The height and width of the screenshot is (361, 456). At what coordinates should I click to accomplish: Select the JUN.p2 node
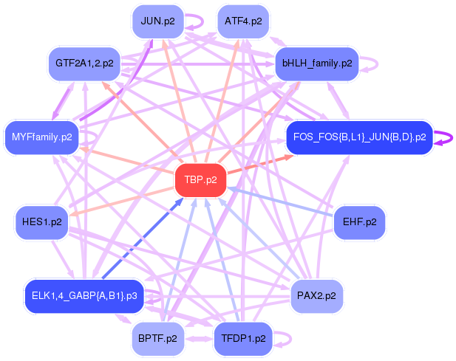pyautogui.click(x=157, y=21)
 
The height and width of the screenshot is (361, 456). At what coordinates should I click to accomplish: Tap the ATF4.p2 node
pyautogui.click(x=243, y=21)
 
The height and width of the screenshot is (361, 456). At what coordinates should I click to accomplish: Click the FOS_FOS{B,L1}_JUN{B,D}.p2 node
pyautogui.click(x=359, y=137)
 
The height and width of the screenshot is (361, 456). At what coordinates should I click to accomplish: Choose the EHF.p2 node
pyautogui.click(x=360, y=221)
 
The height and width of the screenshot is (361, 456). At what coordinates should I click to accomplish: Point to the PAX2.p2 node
pyautogui.click(x=316, y=296)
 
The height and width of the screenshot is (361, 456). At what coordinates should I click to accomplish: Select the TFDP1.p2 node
pyautogui.click(x=243, y=339)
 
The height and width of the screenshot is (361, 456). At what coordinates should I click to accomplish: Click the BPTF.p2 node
pyautogui.click(x=157, y=339)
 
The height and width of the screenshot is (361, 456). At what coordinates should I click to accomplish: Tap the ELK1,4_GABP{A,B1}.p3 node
pyautogui.click(x=85, y=296)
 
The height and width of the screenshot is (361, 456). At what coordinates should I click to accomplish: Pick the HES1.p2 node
pyautogui.click(x=41, y=221)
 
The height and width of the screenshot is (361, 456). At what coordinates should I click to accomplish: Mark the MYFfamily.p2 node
pyautogui.click(x=41, y=137)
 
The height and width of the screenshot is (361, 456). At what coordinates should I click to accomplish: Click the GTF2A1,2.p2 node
pyautogui.click(x=84, y=63)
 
